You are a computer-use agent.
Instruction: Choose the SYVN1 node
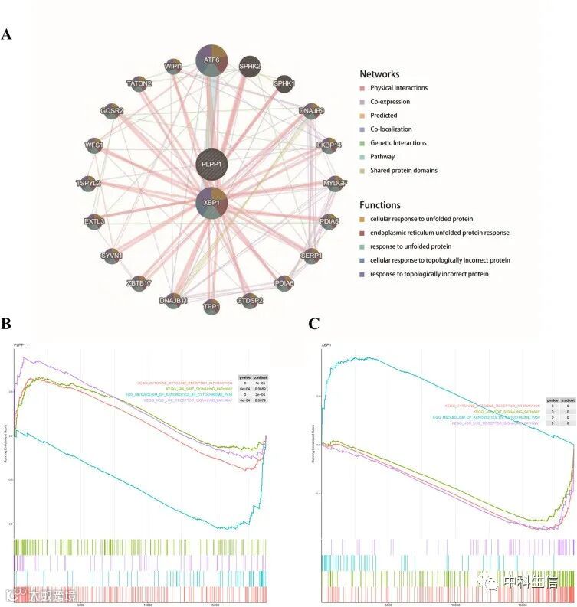[111, 255]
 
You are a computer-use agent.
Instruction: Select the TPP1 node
[211, 307]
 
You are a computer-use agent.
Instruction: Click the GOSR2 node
[112, 112]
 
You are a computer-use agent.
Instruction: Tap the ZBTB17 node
[139, 284]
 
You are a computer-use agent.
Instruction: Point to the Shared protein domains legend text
[404, 171]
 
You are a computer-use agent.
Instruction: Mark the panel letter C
[313, 324]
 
